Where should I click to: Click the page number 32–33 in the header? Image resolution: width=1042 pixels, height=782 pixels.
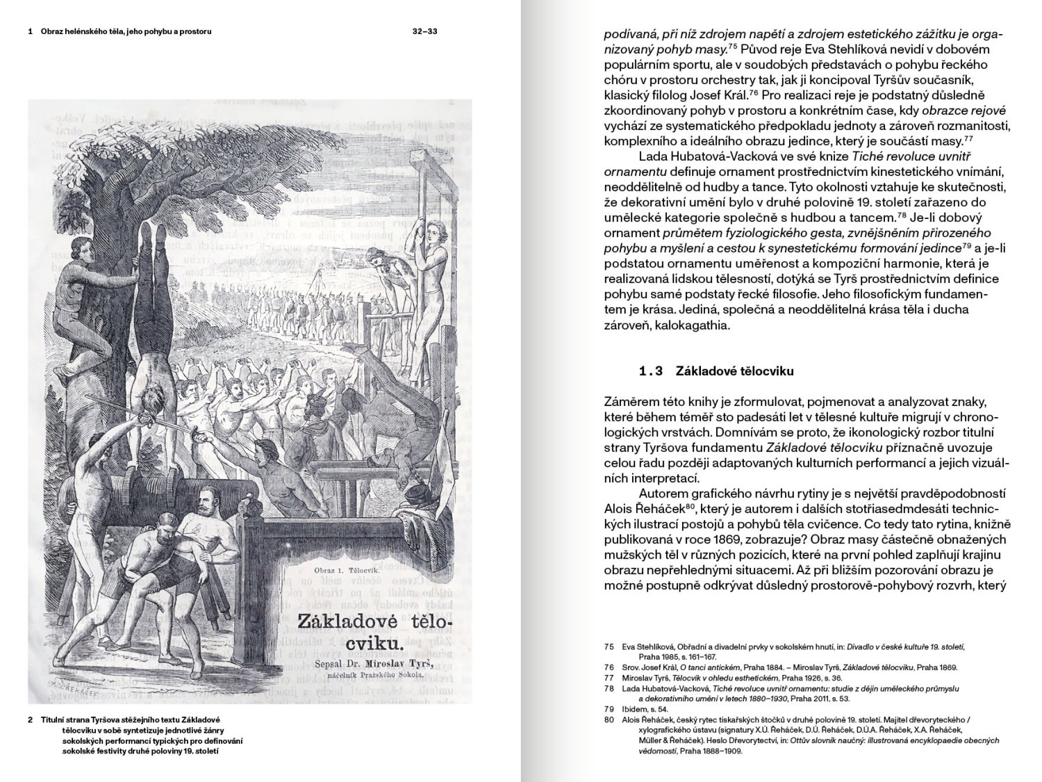click(x=424, y=31)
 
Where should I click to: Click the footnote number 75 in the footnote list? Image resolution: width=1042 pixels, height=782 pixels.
click(x=609, y=646)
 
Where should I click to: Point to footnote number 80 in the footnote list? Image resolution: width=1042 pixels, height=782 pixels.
click(x=609, y=719)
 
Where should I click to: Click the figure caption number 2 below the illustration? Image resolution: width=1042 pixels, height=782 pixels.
click(x=31, y=720)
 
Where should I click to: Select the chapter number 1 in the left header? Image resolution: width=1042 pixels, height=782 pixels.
click(x=31, y=31)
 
